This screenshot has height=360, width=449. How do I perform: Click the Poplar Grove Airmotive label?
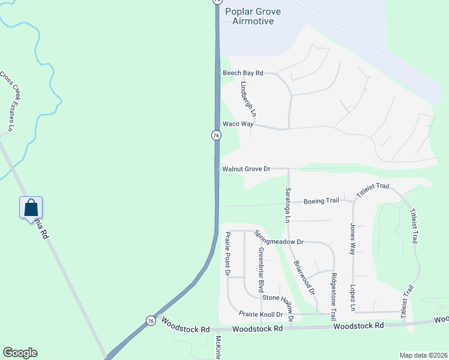[x=253, y=16]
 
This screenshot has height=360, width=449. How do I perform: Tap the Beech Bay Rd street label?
[x=243, y=73]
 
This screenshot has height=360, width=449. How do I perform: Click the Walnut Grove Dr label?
[x=247, y=169]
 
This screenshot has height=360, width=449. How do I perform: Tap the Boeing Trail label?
[x=321, y=201]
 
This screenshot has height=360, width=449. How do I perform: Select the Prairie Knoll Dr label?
[x=261, y=314]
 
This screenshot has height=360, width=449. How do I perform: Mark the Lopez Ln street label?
[x=354, y=298]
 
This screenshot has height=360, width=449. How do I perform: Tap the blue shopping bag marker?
[x=31, y=209]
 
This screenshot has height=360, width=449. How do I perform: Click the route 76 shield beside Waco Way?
[x=215, y=136]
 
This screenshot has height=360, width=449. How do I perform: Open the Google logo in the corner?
[x=20, y=353]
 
